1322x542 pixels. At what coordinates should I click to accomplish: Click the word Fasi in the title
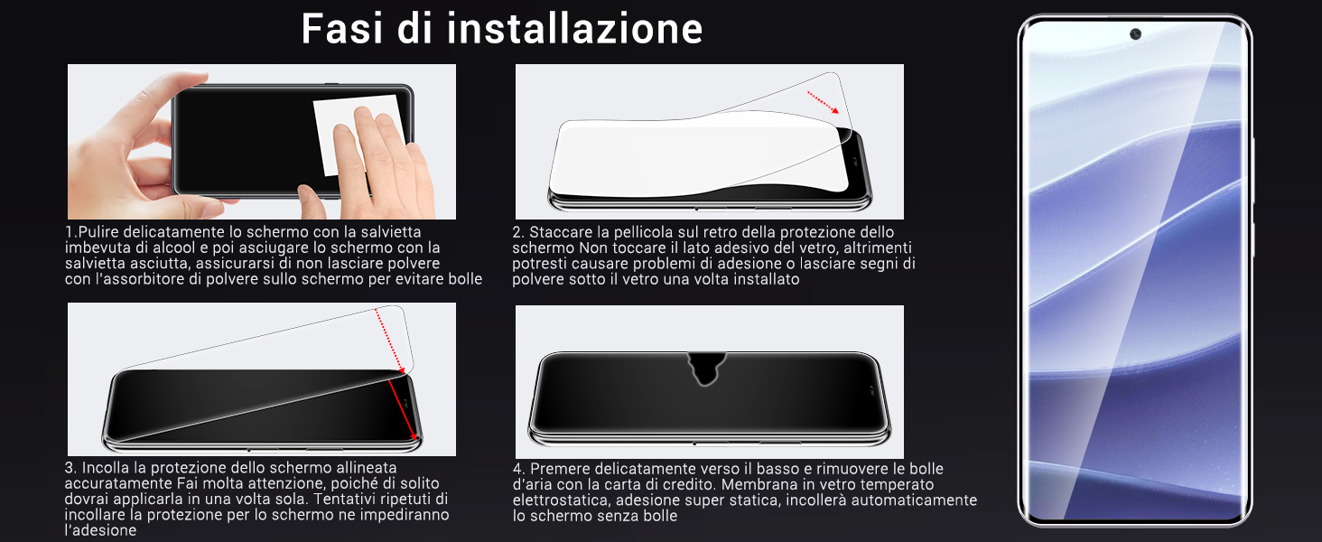pyautogui.click(x=344, y=28)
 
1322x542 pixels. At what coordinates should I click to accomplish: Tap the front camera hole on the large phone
pyautogui.click(x=1135, y=34)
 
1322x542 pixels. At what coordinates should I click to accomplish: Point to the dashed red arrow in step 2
pyautogui.click(x=823, y=101)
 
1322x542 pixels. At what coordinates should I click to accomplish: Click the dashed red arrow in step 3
pyautogui.click(x=389, y=339)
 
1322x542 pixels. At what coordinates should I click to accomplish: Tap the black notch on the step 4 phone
pyautogui.click(x=707, y=366)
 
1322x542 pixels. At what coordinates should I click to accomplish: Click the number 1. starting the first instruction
pyautogui.click(x=70, y=232)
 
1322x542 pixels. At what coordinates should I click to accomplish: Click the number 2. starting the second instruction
pyautogui.click(x=517, y=232)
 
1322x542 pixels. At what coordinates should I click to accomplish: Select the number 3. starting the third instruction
pyautogui.click(x=70, y=468)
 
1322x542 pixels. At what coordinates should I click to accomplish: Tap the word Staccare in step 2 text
pyautogui.click(x=558, y=232)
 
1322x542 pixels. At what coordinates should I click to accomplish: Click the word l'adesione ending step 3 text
pyautogui.click(x=100, y=530)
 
